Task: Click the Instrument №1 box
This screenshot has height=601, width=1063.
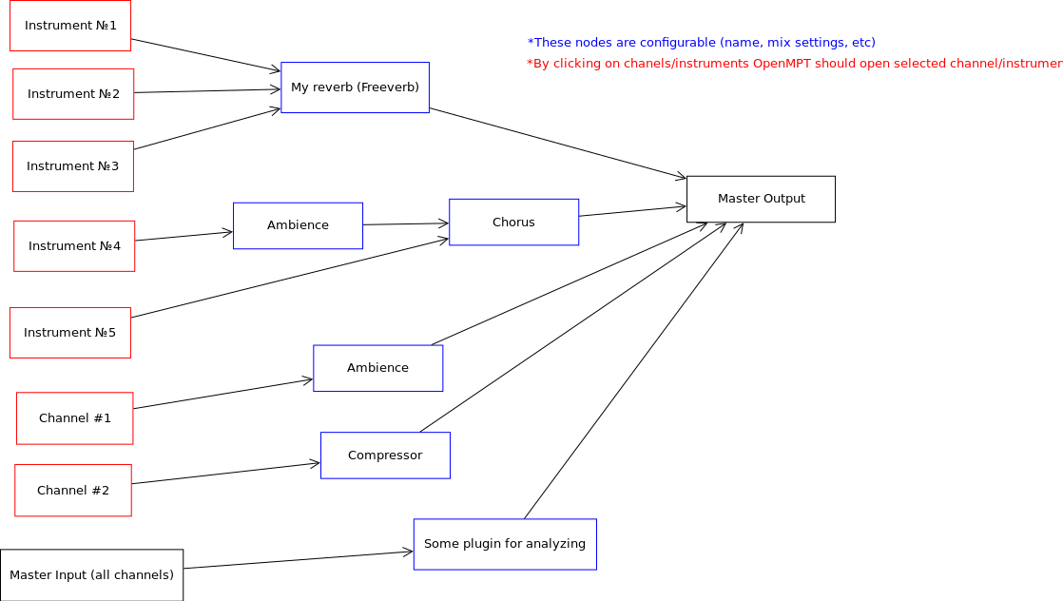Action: click(x=70, y=26)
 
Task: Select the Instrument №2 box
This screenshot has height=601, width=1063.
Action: click(x=73, y=94)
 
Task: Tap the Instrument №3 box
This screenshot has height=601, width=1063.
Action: click(x=73, y=166)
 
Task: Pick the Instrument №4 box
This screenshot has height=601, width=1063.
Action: click(x=74, y=246)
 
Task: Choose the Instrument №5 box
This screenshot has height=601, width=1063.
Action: click(x=70, y=333)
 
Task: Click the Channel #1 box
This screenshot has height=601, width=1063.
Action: click(x=75, y=418)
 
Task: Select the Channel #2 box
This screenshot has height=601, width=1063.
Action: click(x=73, y=491)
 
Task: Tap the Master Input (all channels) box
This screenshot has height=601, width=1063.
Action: click(x=91, y=575)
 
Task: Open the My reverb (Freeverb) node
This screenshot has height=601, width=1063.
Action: click(x=355, y=87)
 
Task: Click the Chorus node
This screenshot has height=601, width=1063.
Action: click(x=513, y=223)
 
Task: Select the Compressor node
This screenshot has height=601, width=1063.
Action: click(x=385, y=456)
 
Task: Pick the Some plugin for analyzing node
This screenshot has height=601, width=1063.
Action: click(x=505, y=544)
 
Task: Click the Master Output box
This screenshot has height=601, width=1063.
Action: click(x=761, y=199)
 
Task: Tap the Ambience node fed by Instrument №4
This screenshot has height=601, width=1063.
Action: click(x=298, y=225)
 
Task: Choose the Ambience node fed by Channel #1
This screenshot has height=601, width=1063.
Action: click(x=377, y=368)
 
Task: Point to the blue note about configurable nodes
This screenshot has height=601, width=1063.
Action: click(x=701, y=43)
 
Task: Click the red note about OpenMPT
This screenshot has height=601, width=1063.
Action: click(x=794, y=64)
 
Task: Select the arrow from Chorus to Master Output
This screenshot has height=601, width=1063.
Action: click(x=632, y=210)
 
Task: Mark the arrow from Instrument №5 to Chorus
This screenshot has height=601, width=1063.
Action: click(x=290, y=278)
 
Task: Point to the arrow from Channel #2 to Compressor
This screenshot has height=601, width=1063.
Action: click(x=226, y=474)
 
